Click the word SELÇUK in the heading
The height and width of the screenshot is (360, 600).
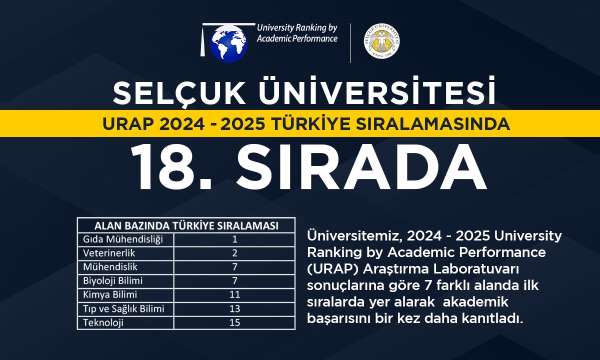pyautogui.click(x=177, y=93)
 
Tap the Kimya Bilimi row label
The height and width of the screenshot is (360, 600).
pyautogui.click(x=108, y=296)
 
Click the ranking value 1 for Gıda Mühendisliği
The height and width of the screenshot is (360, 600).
pyautogui.click(x=232, y=240)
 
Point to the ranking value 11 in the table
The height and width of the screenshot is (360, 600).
pyautogui.click(x=232, y=296)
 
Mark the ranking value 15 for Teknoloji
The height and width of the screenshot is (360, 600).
pyautogui.click(x=232, y=324)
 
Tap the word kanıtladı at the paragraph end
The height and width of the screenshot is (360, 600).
pyautogui.click(x=491, y=319)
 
